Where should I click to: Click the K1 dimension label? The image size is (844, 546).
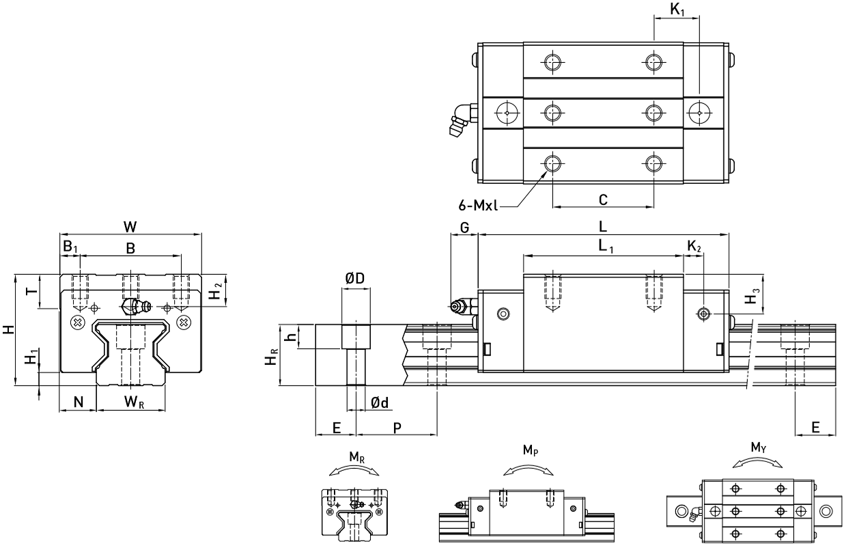point(677,10)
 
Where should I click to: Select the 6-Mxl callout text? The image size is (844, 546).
point(478,206)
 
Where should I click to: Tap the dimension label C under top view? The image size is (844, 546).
point(603,200)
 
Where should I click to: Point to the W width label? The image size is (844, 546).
point(130,227)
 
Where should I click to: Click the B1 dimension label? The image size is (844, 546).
point(70,247)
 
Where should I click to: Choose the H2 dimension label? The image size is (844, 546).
point(215,293)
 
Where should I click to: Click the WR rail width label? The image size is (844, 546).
point(134,402)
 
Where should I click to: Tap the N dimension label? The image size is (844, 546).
point(79,402)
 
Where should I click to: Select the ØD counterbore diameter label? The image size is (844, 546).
point(355,279)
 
